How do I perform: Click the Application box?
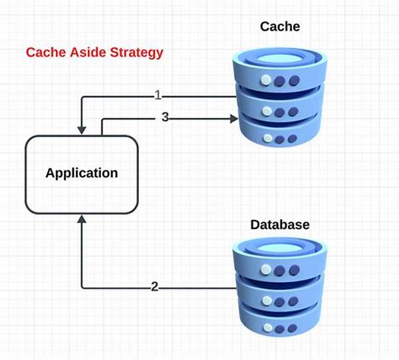click(x=81, y=173)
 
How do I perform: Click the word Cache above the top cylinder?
click(x=279, y=27)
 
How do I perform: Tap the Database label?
click(x=279, y=225)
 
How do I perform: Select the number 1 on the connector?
click(x=158, y=96)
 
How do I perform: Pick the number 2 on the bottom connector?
click(x=154, y=287)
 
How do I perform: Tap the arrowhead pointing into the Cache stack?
click(x=234, y=119)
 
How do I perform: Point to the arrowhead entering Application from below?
click(x=81, y=220)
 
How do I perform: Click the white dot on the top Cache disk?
click(x=266, y=81)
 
